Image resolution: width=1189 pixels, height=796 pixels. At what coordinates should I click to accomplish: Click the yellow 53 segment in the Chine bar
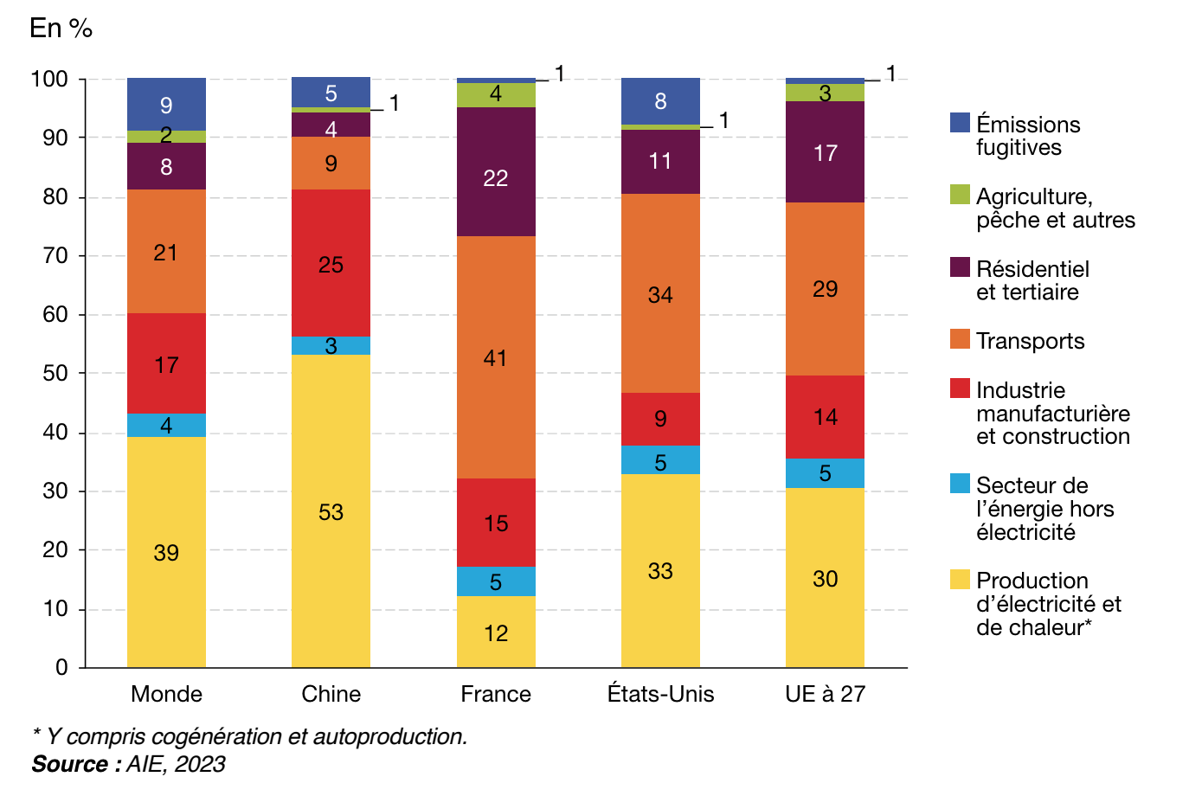[331, 511]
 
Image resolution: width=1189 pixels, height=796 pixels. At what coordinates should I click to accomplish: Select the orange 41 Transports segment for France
[496, 357]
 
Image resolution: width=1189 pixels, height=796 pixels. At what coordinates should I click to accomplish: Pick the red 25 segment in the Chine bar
[331, 263]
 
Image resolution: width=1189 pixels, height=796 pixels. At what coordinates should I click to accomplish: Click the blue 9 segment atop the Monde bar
[166, 105]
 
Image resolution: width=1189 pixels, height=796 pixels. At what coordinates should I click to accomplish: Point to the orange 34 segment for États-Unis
[660, 294]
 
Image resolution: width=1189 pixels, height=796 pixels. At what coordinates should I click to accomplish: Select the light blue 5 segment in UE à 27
[825, 473]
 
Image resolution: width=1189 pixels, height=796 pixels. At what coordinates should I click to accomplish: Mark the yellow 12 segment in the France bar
[496, 632]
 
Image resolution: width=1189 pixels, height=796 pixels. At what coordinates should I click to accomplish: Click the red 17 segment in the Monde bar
[166, 363]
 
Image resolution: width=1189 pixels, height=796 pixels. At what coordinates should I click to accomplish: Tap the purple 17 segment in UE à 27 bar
[825, 152]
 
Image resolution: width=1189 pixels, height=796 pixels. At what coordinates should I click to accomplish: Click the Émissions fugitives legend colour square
[960, 123]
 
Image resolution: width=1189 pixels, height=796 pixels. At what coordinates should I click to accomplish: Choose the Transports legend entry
[1030, 341]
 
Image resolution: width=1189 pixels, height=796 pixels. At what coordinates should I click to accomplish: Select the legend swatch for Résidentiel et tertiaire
[960, 267]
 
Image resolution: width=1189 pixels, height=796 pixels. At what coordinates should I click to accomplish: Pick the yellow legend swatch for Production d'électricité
[960, 579]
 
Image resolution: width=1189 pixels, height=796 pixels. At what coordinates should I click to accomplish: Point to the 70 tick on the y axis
[55, 255]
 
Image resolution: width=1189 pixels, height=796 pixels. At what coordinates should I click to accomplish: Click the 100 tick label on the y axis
[49, 79]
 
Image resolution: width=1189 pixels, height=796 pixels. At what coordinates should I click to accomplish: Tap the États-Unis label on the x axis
[660, 694]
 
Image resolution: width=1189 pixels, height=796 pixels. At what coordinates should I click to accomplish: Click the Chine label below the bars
[331, 694]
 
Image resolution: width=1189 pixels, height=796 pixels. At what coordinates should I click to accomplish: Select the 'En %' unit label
[61, 28]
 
